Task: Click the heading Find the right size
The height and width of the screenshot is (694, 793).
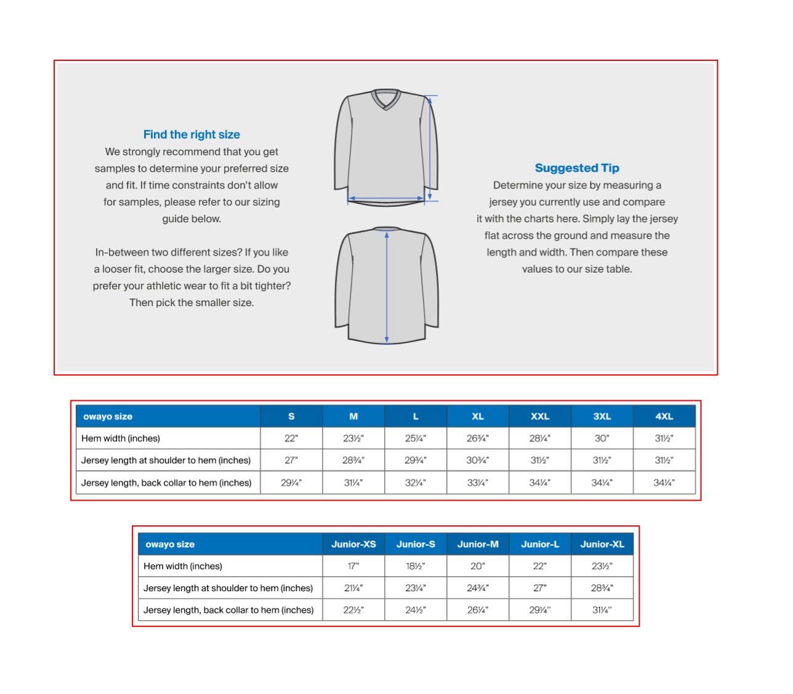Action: coord(191,134)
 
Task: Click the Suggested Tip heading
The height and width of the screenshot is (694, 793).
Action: coord(577,167)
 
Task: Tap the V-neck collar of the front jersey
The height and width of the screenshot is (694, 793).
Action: coord(387,99)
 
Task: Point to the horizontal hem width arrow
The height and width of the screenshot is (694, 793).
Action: coord(386,199)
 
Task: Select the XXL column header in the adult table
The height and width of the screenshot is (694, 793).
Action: coord(540,416)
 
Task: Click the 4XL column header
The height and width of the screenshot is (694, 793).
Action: coord(664,416)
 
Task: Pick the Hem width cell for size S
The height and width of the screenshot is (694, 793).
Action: coord(291,438)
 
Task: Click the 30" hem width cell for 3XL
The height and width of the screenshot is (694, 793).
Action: coord(602,438)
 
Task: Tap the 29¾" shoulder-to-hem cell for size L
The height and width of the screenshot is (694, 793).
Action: coord(416,461)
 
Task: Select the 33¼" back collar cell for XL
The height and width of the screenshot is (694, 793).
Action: coord(478,483)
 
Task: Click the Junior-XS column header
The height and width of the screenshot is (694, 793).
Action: coord(353,544)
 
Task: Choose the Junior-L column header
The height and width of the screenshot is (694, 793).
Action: coord(540,544)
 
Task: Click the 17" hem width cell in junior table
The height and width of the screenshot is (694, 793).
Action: coord(353,566)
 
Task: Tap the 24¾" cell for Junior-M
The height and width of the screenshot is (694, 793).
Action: coord(478,588)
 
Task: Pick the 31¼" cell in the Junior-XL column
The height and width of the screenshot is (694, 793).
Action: coord(602,610)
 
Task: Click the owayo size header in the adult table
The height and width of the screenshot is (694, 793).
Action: coord(108,416)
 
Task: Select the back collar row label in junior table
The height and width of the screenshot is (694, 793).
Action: coord(228,610)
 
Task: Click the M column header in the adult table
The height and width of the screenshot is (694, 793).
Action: coord(353,416)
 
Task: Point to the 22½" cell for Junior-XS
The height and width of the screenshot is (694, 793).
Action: coord(353,610)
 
